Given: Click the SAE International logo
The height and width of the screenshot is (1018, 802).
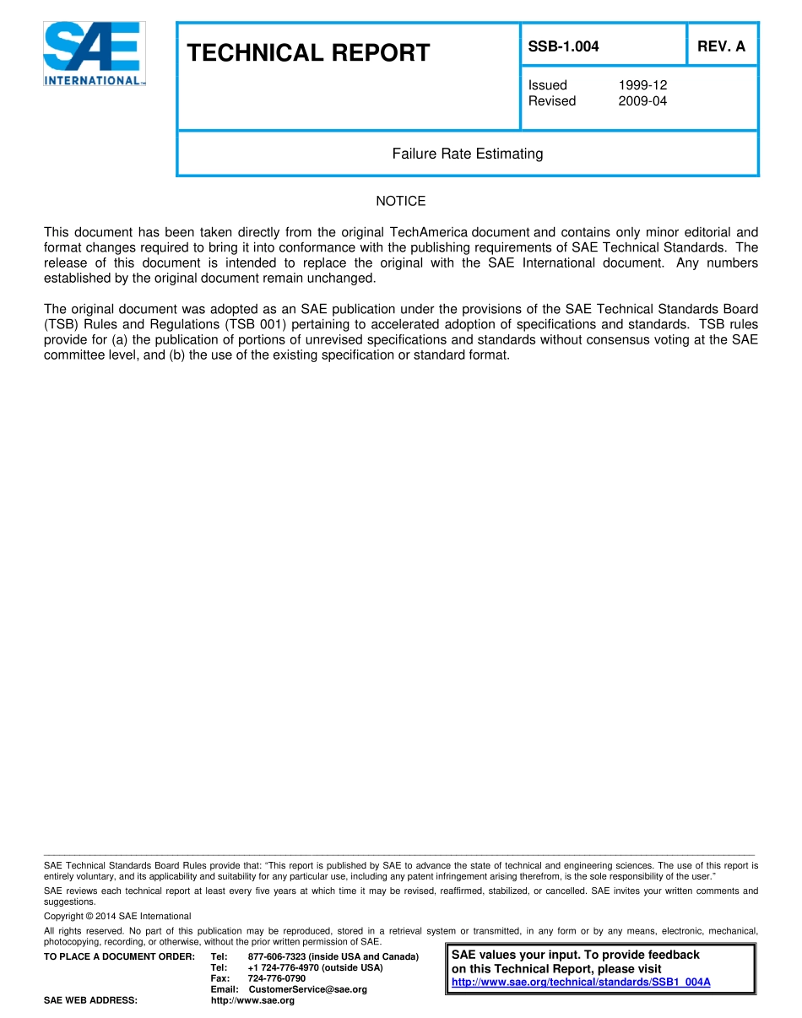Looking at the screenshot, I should click(x=94, y=54).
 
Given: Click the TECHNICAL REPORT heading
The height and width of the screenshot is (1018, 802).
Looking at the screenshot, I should click(x=308, y=53).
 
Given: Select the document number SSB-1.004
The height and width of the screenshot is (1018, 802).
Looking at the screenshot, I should click(x=563, y=46).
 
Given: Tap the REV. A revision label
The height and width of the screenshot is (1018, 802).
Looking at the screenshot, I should click(x=721, y=46).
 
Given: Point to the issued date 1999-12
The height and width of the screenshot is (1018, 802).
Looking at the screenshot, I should click(x=642, y=85).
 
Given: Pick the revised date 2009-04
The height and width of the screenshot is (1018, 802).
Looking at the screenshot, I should click(x=642, y=101).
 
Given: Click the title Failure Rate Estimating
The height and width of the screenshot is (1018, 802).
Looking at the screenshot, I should click(x=467, y=154).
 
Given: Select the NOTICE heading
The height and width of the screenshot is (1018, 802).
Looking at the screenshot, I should click(x=400, y=201).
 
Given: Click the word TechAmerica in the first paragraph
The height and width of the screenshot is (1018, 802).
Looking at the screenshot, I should click(x=429, y=232).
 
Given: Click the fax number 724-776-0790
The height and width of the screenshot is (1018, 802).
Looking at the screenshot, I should click(x=277, y=978).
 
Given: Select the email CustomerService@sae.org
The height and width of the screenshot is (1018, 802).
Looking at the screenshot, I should click(x=307, y=989).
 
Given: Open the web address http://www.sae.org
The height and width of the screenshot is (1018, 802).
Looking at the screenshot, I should click(x=252, y=1000).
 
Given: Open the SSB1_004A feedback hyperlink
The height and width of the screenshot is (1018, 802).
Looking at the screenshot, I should click(x=581, y=982).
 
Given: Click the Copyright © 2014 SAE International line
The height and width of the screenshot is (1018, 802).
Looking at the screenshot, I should click(x=117, y=916).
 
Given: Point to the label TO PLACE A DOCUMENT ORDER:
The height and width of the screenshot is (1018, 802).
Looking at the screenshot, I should click(x=119, y=956).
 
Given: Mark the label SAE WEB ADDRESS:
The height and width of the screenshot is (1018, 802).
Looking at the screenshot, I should click(x=90, y=1000).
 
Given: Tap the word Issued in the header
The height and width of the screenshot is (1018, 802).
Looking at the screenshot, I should click(x=548, y=85).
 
